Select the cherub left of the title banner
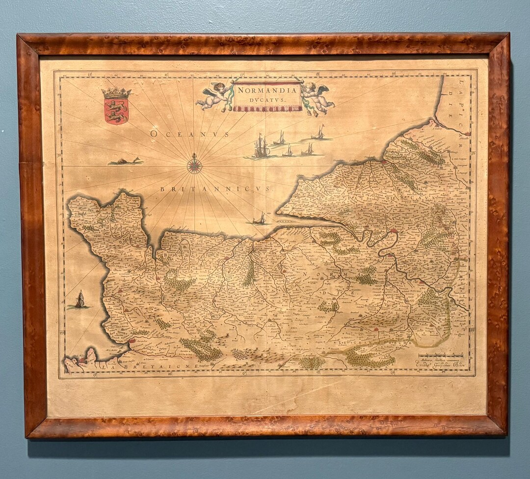pos(214,95)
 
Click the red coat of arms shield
pos(116,110)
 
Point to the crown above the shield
pos(116,93)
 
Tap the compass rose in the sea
pos(195,164)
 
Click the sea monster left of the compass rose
pos(126,161)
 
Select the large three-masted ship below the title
pos(262,147)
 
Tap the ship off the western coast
pos(79,300)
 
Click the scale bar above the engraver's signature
pos(440,355)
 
